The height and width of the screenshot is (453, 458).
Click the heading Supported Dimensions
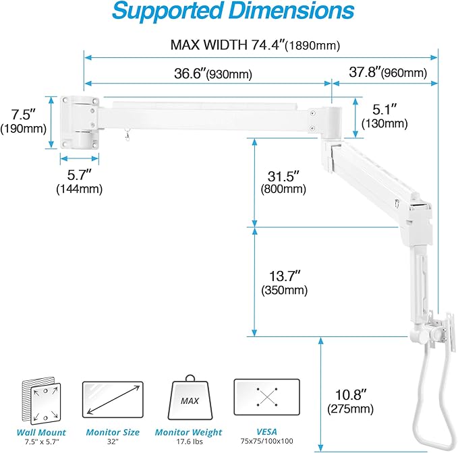232,11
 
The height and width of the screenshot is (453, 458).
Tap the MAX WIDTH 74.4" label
254,45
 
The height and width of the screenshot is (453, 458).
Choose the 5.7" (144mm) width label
79,182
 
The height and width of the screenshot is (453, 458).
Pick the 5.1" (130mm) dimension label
384,115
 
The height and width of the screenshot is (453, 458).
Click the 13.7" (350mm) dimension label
284,282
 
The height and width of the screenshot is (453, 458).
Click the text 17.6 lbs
189,442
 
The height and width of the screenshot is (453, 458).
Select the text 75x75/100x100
266,442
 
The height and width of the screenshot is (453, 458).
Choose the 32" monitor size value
113,442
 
